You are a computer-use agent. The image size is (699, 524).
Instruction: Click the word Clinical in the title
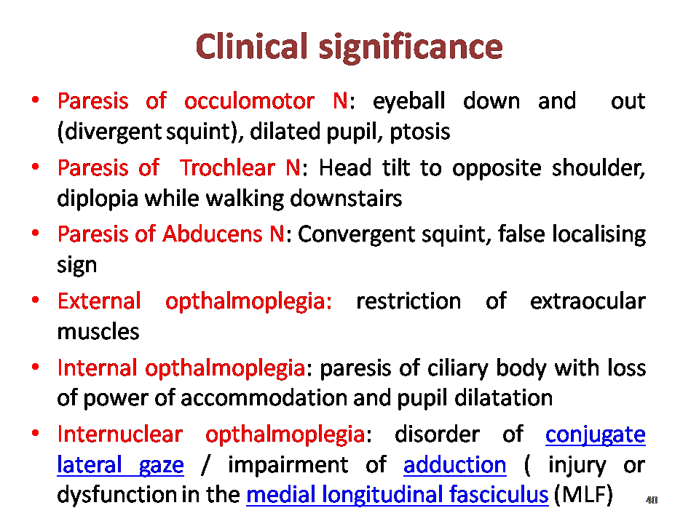[x=252, y=47]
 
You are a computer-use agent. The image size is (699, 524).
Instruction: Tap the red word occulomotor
[x=249, y=101]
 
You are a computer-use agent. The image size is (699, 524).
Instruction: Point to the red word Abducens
[x=212, y=234]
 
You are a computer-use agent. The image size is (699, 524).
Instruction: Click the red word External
[x=99, y=301]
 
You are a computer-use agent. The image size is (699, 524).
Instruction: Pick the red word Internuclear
[x=120, y=434]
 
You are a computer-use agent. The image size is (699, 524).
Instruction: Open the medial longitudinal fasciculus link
[x=398, y=495]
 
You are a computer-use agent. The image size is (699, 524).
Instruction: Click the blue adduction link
[x=454, y=465]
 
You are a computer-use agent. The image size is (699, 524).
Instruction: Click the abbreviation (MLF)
[x=583, y=495]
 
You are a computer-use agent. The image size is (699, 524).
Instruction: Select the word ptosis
[x=420, y=132]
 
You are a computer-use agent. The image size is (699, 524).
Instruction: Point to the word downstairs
[x=346, y=198]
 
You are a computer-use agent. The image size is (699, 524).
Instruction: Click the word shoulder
[x=599, y=169]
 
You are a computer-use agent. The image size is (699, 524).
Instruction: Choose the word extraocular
[x=588, y=301]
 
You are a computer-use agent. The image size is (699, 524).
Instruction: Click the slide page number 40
[x=652, y=500]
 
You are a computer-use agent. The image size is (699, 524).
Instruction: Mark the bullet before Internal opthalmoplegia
[x=36, y=367]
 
